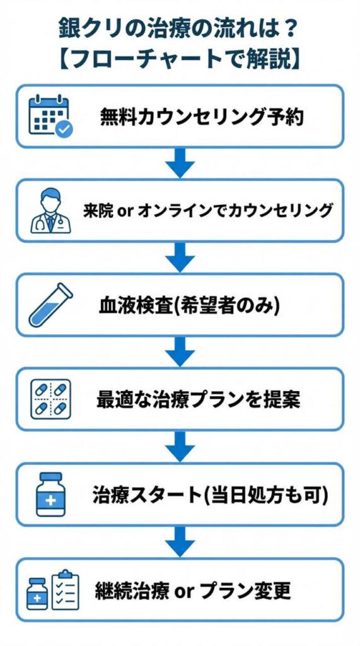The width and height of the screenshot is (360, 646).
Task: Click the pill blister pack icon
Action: tap(50, 399)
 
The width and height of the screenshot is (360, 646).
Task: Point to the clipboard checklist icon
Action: tap(65, 590)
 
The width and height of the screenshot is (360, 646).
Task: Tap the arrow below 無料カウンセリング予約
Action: tap(180, 163)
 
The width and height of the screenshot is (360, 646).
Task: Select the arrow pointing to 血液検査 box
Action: tap(180, 257)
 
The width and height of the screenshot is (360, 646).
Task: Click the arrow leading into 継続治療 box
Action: tap(180, 541)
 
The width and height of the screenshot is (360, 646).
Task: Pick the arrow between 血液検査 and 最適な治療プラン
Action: tap(180, 352)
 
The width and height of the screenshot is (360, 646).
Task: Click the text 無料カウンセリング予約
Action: tap(202, 117)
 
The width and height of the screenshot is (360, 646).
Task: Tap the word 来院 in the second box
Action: tap(98, 211)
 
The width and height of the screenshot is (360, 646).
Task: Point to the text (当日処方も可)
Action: tap(264, 495)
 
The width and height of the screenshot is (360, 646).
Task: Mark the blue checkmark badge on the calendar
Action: tap(64, 129)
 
